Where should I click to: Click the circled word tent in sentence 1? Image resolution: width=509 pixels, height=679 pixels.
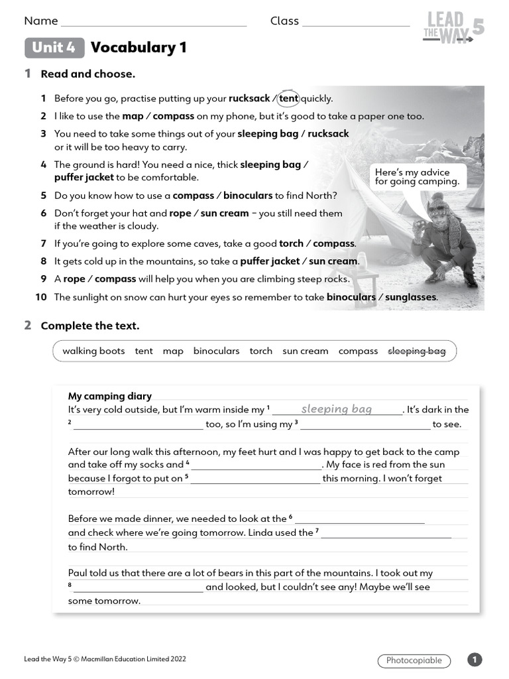[288, 98]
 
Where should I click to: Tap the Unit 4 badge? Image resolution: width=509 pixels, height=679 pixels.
[54, 48]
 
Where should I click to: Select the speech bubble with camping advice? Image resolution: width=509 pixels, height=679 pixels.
[417, 176]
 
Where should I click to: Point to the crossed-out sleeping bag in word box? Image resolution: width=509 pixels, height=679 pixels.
[416, 351]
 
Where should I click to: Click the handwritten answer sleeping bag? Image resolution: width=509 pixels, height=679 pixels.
[337, 409]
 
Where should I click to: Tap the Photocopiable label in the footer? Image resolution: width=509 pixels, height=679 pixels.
[414, 660]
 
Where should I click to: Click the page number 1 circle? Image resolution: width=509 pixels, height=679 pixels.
[475, 660]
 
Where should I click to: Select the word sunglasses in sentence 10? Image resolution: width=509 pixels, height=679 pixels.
[410, 297]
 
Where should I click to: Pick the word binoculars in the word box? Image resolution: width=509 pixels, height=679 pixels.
[216, 351]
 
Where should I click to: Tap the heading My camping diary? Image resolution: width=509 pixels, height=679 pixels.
[110, 397]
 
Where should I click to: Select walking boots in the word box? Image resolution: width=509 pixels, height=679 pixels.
[93, 351]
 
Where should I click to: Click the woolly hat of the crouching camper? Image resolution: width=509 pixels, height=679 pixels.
[439, 204]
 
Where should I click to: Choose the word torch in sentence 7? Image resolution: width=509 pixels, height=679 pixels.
[292, 243]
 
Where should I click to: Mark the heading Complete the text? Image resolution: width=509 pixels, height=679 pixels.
[90, 326]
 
